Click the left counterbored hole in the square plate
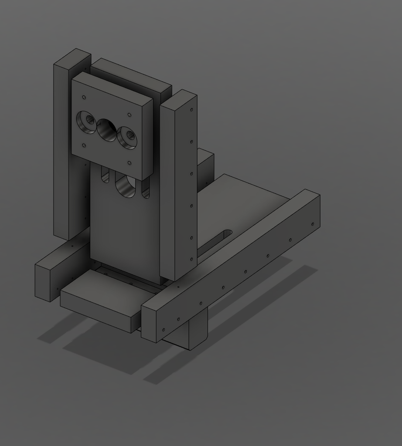87,122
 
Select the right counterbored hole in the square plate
127,138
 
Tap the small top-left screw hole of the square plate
84,98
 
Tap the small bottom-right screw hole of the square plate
129,163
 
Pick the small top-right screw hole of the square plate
129,115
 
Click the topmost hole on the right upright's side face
191,110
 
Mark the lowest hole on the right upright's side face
191,259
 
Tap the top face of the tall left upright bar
72,57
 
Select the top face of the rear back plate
131,76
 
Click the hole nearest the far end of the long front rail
313,224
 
